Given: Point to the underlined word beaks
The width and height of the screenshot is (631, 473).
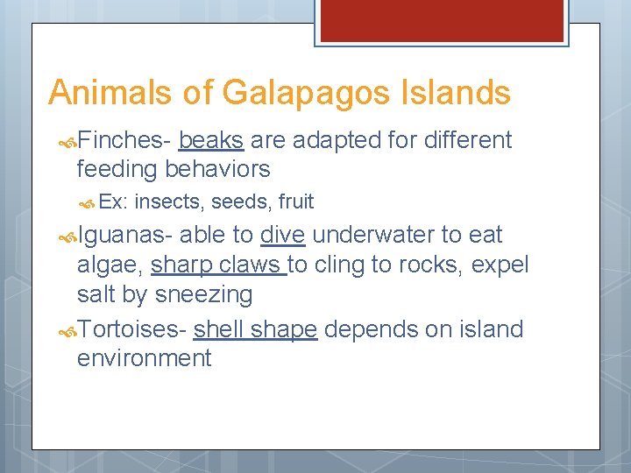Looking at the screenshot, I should pos(210,140).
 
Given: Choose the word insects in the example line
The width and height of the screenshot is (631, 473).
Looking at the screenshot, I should pos(169,201).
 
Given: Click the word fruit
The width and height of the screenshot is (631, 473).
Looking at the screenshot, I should pos(295,201).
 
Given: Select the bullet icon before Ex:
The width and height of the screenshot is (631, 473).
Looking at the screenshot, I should pos(89,202).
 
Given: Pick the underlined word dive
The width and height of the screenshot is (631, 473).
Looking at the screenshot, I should pos(282,235).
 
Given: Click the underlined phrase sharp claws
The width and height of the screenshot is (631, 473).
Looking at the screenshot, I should pos(217,265).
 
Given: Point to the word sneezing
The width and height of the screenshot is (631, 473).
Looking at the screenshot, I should pos(203,295).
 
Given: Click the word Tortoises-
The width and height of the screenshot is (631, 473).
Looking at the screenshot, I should pos(131,329).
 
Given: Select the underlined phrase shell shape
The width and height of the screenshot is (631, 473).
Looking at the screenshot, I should pos(255,330).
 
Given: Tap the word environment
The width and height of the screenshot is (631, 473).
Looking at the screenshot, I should pos(144,358).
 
